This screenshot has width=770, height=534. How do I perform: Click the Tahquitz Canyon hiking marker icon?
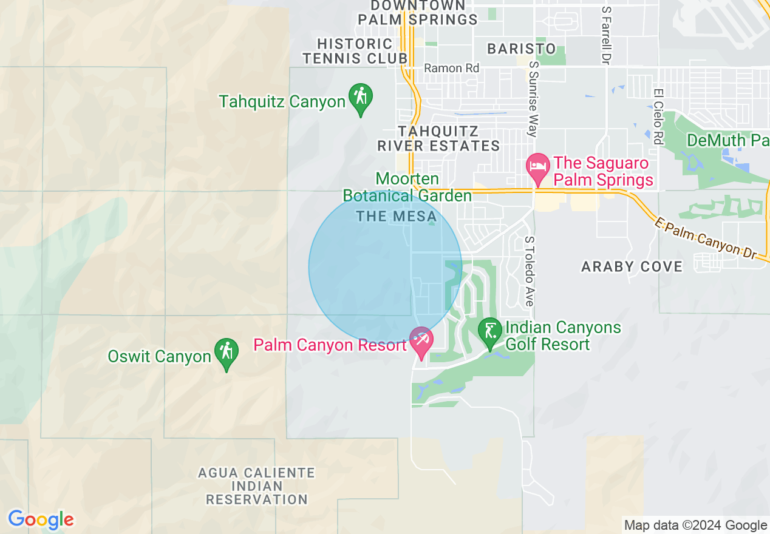(x=360, y=98)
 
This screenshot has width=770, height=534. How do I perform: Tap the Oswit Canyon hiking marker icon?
(x=226, y=353)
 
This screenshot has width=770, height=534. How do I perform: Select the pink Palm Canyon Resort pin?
(x=420, y=340)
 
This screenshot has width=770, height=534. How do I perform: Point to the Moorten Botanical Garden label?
(x=407, y=188)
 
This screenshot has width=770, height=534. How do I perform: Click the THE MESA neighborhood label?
(x=397, y=216)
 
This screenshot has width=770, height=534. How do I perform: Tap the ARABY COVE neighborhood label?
(x=632, y=266)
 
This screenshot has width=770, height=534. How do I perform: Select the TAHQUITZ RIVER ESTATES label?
(x=438, y=138)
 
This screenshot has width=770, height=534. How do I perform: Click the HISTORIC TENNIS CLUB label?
(x=355, y=51)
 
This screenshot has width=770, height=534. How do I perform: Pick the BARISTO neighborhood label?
(x=522, y=49)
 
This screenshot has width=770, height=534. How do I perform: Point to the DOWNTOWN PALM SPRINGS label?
(x=418, y=13)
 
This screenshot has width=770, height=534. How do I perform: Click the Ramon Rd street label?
(x=451, y=68)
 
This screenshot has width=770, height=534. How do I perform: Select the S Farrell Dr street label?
(x=605, y=35)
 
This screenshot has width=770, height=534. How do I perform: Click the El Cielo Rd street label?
(x=658, y=117)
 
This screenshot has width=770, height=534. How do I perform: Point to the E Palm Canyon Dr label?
(x=706, y=237)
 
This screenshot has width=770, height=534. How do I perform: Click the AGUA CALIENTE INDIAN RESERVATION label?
(x=257, y=486)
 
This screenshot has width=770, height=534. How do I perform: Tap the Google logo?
(x=41, y=520)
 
